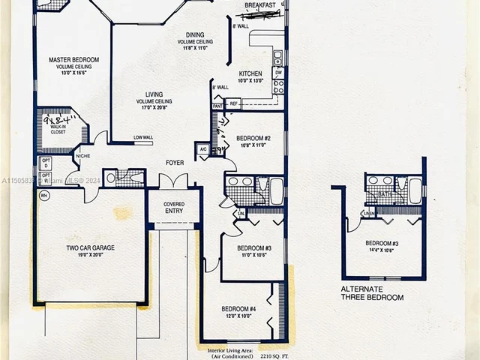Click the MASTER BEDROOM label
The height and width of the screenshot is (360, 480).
[x=73, y=59]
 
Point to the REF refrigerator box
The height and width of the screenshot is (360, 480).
[x=233, y=103]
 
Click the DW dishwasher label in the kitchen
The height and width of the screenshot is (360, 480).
[x=277, y=73]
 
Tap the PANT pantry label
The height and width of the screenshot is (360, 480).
[x=217, y=106]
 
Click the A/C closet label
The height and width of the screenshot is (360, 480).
[x=202, y=149]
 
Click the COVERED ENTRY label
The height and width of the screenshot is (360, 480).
[x=174, y=208]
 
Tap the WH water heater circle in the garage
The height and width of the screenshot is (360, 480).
[x=44, y=196]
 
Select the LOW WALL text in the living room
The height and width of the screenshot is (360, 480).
[x=143, y=137]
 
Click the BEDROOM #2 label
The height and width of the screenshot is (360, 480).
[x=253, y=139]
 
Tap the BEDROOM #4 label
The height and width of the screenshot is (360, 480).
[x=238, y=308]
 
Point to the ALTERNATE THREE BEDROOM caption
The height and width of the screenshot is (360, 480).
[x=372, y=293]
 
